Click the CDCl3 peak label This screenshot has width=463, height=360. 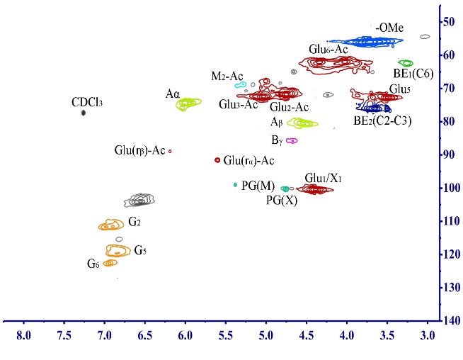88,102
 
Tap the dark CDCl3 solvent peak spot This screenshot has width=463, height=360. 84,113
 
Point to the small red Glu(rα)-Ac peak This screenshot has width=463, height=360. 217,160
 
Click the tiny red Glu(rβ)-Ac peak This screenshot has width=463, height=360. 170,151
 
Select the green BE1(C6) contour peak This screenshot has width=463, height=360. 406,63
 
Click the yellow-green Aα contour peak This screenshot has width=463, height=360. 188,103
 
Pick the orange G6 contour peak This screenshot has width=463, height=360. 109,264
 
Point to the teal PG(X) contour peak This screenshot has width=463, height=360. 285,189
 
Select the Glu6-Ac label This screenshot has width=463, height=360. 328,50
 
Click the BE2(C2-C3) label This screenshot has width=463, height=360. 383,120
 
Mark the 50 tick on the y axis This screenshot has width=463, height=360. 450,22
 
